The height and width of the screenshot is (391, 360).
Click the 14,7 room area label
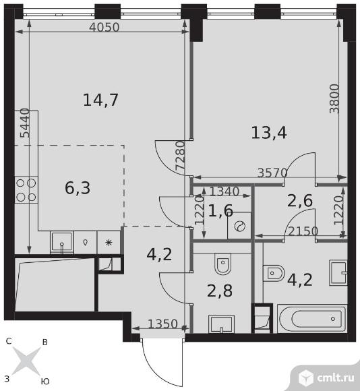click(100, 100)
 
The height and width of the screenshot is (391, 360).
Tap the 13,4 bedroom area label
click(269, 132)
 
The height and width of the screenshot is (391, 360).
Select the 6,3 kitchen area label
click(78, 187)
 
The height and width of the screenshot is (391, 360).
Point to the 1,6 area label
click(220, 211)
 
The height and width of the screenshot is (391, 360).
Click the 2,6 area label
click(300, 200)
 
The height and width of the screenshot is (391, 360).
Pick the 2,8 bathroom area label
click(220, 291)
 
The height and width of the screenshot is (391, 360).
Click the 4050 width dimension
click(104, 27)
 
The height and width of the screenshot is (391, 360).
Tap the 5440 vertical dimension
click(25, 123)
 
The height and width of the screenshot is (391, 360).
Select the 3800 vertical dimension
click(334, 98)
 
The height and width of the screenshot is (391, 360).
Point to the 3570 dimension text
click(272, 173)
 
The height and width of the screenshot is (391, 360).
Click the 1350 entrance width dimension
click(162, 324)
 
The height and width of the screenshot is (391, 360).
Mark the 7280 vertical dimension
click(180, 156)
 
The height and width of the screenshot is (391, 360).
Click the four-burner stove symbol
click(26, 190)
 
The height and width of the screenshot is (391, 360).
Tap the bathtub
click(312, 318)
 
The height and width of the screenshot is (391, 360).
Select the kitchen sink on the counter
click(62, 243)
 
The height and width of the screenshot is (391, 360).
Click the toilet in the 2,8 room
click(222, 264)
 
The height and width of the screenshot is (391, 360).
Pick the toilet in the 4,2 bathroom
click(274, 273)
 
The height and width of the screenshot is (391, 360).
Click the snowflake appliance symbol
click(109, 243)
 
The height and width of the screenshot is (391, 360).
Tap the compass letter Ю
click(45, 381)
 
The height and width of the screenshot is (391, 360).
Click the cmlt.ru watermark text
click(335, 378)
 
